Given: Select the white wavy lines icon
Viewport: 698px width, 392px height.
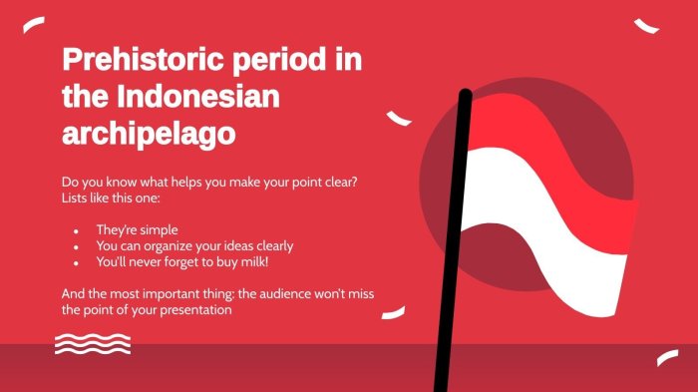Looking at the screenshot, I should click(93, 344).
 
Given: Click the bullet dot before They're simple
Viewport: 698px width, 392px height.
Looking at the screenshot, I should click(75, 230).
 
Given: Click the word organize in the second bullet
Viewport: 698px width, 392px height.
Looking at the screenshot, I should click(170, 246).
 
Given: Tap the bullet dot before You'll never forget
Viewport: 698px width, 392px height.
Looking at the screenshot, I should click(75, 262).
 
